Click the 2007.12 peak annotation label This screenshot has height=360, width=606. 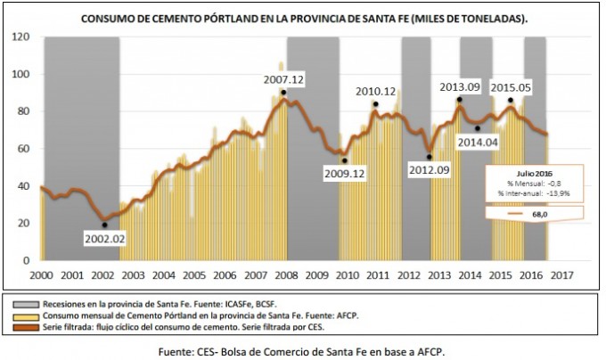tap(284, 80)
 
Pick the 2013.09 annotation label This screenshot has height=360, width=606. tap(461, 86)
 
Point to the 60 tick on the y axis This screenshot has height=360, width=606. tap(25, 149)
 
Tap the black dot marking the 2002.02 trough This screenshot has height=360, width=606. tap(105, 225)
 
